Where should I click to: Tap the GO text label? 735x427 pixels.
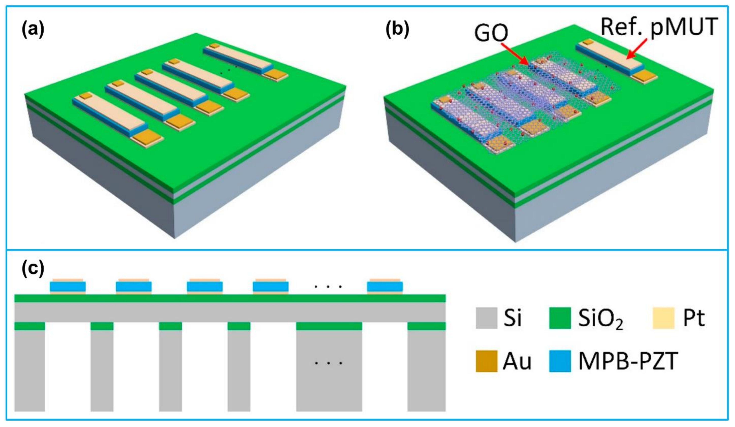click(491, 33)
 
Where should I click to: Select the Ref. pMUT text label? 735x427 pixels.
click(659, 27)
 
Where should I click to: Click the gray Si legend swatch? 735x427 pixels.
click(486, 318)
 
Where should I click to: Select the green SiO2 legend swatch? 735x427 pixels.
click(560, 318)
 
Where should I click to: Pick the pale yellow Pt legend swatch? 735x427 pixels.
click(663, 318)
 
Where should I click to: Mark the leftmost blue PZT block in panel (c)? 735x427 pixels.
click(68, 286)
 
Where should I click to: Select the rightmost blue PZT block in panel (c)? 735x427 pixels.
click(385, 286)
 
